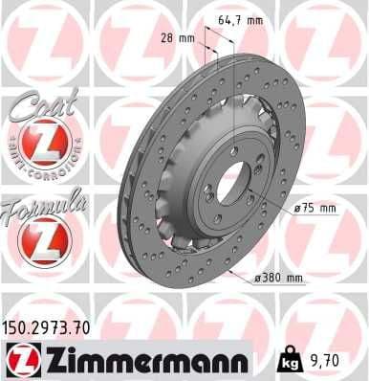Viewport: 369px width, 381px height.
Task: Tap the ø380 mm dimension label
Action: pos(279,278)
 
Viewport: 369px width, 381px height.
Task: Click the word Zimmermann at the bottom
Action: pos(138,361)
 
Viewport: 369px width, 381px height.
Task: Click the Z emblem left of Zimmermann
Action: pos(19,361)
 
